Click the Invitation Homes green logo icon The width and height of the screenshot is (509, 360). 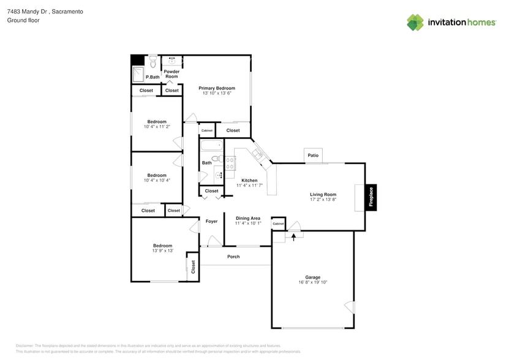click(415, 23)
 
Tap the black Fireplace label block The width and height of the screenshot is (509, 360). click(371, 198)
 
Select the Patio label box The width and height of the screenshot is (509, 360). click(313, 156)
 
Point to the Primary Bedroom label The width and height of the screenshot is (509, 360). click(216, 88)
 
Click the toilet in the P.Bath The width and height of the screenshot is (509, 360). click(153, 61)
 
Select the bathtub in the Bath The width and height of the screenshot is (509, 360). click(212, 146)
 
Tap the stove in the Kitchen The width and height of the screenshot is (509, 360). click(230, 163)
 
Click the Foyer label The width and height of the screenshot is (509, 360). click(211, 221)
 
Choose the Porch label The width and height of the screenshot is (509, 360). click(233, 257)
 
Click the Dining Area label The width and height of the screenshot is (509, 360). click(247, 218)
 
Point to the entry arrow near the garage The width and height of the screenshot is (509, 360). click(293, 236)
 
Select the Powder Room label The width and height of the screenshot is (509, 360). click(172, 74)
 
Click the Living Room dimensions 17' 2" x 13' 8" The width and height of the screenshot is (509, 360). click(323, 200)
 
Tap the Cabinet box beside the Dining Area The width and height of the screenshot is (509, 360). click(278, 224)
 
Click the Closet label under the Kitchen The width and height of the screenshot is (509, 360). click(211, 191)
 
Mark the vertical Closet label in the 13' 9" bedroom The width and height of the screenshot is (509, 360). click(193, 267)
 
